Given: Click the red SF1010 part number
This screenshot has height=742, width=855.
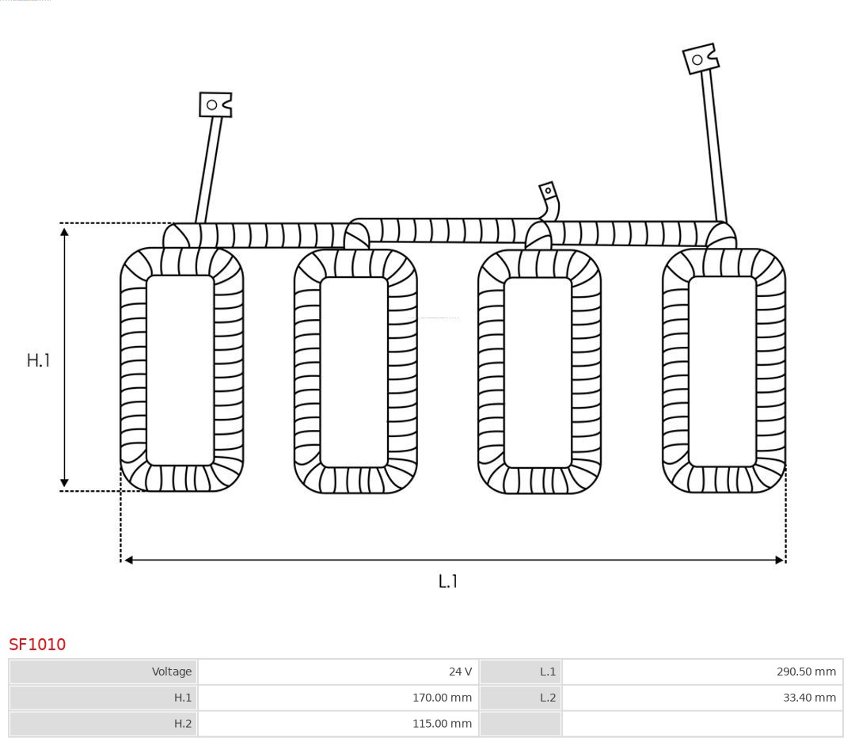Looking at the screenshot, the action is tap(37, 645).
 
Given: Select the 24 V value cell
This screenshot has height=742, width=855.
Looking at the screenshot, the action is tap(460, 672).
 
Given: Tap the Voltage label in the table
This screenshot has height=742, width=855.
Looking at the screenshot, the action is tap(172, 672).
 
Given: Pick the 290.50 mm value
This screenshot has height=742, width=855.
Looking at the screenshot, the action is tap(806, 672).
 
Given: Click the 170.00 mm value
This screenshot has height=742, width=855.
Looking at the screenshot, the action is tap(442, 698).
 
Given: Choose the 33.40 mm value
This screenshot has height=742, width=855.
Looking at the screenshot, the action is tap(809, 698).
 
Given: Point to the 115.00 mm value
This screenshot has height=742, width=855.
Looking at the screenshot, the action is tap(442, 724).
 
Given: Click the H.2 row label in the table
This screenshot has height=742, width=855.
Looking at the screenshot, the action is tap(183, 724).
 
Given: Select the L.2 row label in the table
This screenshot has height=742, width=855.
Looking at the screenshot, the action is tap(548, 698).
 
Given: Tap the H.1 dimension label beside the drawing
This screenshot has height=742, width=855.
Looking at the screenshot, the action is tap(38, 360).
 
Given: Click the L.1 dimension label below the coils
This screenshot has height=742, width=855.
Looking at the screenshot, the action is tap(447, 581).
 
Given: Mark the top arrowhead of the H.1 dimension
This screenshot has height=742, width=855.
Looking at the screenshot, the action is tap(64, 233).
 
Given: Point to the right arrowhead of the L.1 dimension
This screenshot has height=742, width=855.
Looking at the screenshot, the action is tap(780, 560).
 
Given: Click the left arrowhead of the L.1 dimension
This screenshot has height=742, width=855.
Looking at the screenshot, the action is tap(129, 560).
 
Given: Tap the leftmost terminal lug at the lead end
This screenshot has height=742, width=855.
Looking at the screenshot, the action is tap(215, 105).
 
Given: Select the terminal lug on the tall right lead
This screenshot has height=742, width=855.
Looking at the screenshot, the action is tap(701, 59).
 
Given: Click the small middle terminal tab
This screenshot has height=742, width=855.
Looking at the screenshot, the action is tap(548, 192).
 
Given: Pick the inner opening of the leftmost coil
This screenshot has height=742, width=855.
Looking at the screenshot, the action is tap(180, 371).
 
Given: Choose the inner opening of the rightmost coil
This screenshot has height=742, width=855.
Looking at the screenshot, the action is tap(723, 371).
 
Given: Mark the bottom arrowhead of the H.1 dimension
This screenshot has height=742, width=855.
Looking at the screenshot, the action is tap(64, 482).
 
